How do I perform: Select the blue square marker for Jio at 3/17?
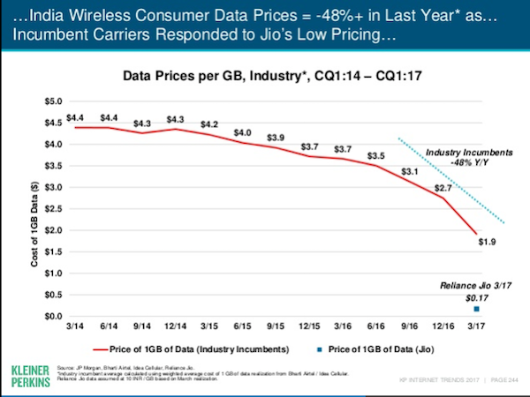(x=477, y=310)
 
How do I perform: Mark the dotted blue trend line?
(x=450, y=180)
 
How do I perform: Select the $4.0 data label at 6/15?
(x=242, y=133)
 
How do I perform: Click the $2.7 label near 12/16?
(x=444, y=188)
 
